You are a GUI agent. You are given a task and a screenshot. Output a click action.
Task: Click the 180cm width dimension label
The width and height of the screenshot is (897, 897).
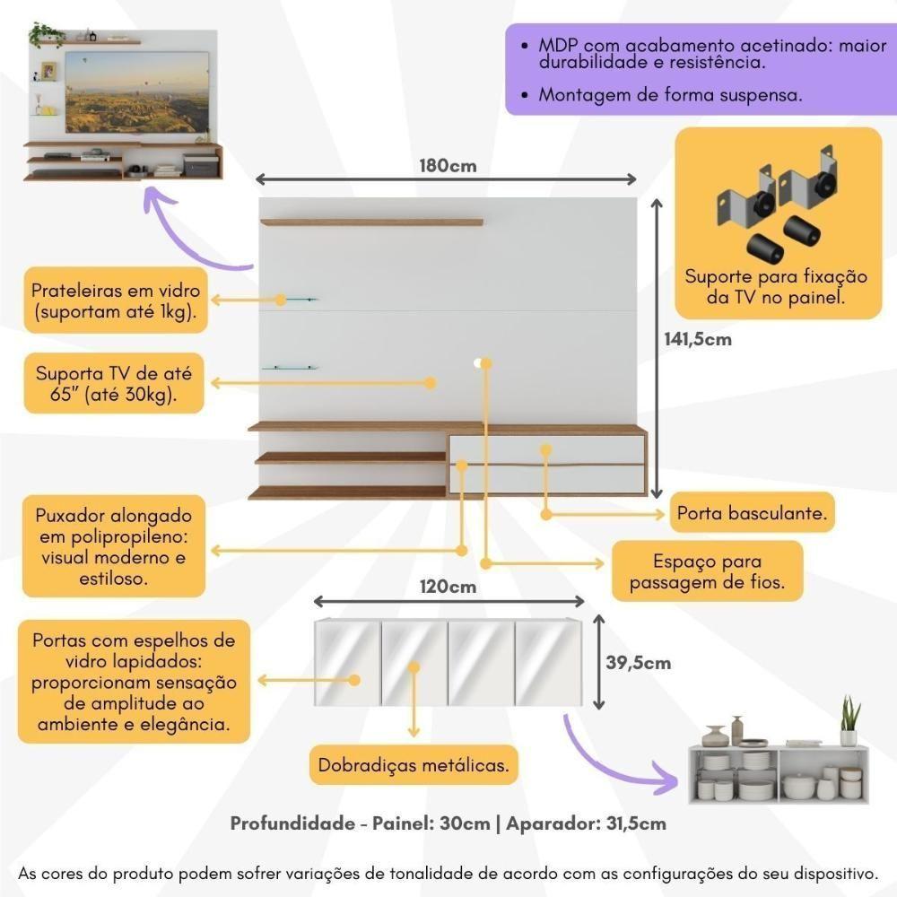coord(447,166)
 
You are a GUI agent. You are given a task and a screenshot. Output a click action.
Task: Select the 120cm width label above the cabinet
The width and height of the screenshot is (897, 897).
coord(448,588)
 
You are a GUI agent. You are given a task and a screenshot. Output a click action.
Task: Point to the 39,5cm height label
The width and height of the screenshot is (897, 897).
coord(638,663)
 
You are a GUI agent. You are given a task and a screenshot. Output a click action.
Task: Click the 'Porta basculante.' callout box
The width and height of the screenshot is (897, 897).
coord(751,515)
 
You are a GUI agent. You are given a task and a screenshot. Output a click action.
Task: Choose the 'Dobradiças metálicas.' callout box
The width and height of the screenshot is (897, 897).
coord(414,765)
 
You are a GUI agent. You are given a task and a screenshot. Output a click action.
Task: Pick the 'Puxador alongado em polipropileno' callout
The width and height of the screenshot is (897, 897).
coord(113,547)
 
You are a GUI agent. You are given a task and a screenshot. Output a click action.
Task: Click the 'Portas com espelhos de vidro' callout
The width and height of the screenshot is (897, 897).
coord(134,682)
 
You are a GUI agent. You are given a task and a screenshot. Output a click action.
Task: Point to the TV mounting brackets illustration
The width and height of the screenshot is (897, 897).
coord(777,208)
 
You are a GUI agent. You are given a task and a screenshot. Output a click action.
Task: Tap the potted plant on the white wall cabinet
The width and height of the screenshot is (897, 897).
coord(849,722)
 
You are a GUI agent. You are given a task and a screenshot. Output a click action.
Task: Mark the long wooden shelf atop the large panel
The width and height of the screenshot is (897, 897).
coord(371,222)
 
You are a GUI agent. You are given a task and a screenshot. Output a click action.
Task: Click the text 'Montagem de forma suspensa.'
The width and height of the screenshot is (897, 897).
coord(670,94)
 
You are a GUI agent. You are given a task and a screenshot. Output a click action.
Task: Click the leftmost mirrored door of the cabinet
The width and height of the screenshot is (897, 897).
coord(346,662)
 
